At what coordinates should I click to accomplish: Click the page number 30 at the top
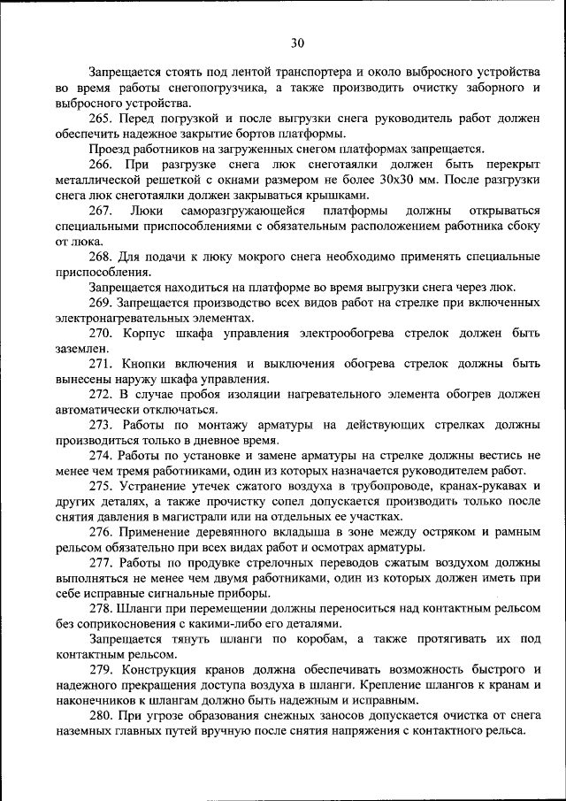coord(296,42)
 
